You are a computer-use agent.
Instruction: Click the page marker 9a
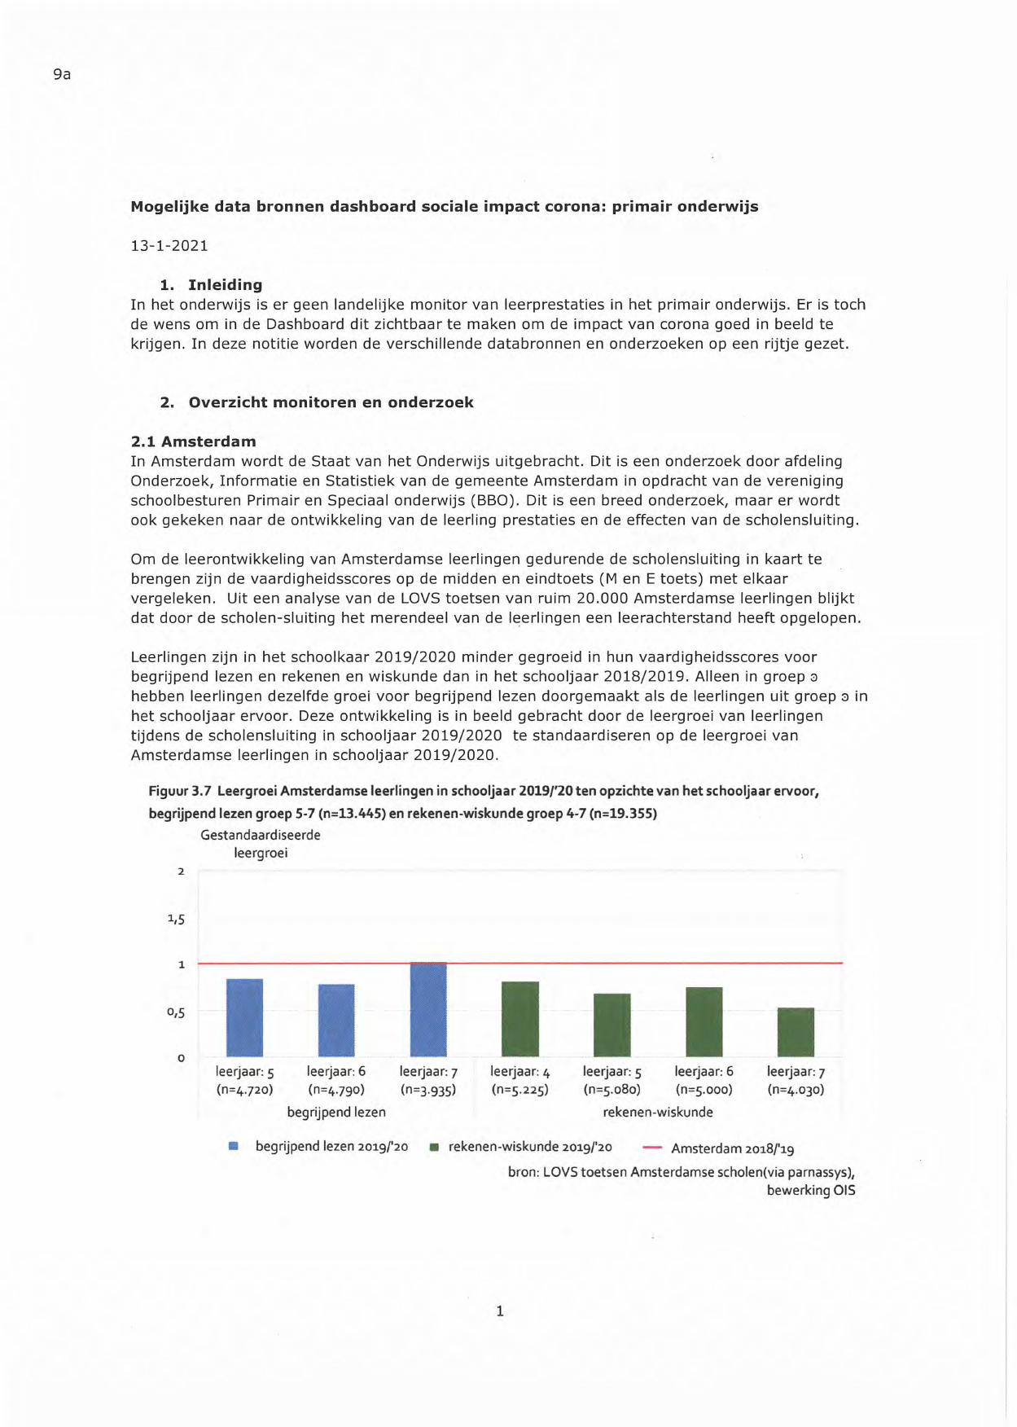click(62, 74)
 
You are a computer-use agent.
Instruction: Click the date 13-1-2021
click(169, 245)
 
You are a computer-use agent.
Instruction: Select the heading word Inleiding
click(225, 284)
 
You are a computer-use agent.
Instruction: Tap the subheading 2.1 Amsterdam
click(193, 441)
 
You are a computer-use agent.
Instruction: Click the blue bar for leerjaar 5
click(244, 1018)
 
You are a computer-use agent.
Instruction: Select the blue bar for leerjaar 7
click(428, 1010)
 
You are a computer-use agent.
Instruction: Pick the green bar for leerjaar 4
click(520, 1019)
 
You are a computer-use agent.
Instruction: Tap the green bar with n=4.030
click(796, 1032)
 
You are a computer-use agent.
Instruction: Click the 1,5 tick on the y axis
click(176, 919)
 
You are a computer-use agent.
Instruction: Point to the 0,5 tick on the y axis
click(176, 1012)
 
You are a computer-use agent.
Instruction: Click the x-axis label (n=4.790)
click(336, 1090)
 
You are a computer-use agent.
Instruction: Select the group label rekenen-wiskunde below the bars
click(658, 1112)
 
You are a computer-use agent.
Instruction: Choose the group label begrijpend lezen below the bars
click(336, 1112)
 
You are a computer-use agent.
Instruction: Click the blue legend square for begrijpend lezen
click(234, 1146)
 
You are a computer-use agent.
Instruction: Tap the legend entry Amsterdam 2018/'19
click(732, 1148)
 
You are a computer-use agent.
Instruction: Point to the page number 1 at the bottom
click(500, 1311)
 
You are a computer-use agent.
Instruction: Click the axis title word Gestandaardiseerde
click(261, 835)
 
